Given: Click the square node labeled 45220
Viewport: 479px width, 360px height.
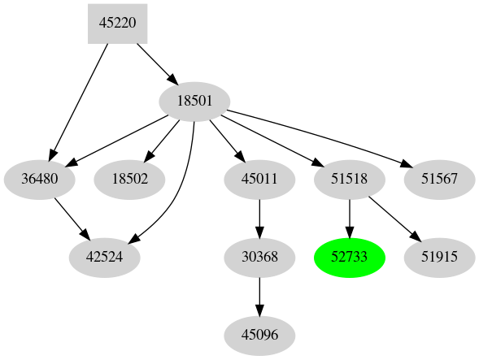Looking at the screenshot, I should click(118, 24).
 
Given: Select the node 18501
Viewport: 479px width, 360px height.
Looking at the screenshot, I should click(194, 102).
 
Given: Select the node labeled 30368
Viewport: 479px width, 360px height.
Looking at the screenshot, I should click(259, 258).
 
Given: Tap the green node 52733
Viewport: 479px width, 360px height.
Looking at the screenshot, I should click(349, 258).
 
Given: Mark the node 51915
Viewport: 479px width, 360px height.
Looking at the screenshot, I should click(439, 258).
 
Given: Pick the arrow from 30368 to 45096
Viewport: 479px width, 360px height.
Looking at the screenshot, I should click(259, 296).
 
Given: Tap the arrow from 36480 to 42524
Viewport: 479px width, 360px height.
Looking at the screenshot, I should click(72, 219).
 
